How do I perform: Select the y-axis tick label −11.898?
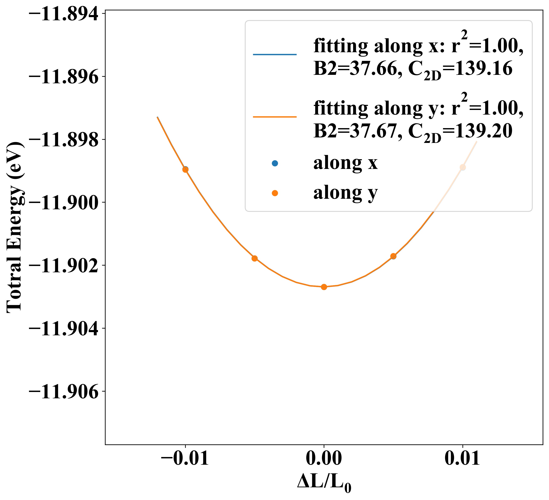(63, 140)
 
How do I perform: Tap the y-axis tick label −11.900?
(63, 203)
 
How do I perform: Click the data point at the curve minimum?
(324, 287)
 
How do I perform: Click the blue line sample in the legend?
(275, 55)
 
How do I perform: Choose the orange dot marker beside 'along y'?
(275, 193)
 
